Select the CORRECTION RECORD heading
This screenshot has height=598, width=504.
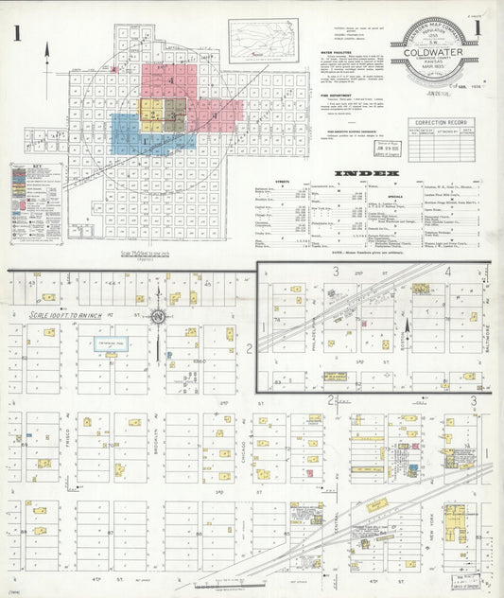(440, 123)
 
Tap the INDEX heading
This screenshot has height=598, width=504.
(368, 174)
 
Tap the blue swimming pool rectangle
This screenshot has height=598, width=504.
(110, 346)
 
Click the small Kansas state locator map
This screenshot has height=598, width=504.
(262, 40)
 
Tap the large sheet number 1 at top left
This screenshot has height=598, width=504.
(17, 35)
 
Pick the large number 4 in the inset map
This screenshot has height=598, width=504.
(447, 273)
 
